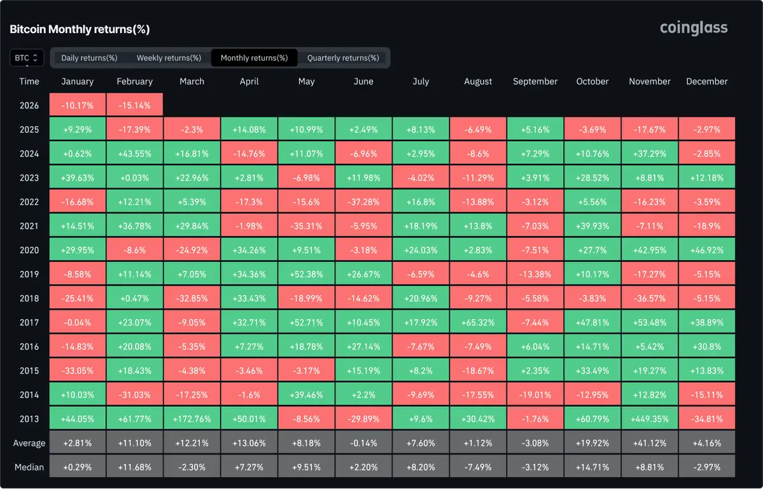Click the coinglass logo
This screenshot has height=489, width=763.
(694, 28)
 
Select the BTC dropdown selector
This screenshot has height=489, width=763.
(27, 58)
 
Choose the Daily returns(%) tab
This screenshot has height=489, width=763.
(89, 58)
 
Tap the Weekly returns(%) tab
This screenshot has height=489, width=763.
(169, 58)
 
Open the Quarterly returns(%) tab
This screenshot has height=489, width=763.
(343, 58)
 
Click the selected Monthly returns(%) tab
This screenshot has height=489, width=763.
(253, 58)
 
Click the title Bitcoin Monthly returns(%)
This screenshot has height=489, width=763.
(80, 29)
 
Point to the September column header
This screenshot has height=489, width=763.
(535, 81)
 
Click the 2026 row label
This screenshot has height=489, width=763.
(29, 106)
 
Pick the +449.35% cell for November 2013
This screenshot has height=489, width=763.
(650, 419)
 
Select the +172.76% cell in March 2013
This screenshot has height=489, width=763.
(192, 419)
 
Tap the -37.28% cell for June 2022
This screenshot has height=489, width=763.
(363, 202)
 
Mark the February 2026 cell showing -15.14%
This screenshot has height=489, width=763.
(135, 106)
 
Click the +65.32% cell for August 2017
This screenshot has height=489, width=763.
(478, 322)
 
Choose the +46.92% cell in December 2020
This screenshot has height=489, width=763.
(707, 251)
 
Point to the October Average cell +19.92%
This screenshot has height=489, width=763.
(592, 443)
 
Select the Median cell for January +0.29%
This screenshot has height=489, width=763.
(78, 467)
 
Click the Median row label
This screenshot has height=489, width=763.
(30, 467)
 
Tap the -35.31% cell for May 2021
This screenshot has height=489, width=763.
(306, 226)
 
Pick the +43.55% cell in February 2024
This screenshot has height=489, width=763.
(135, 154)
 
